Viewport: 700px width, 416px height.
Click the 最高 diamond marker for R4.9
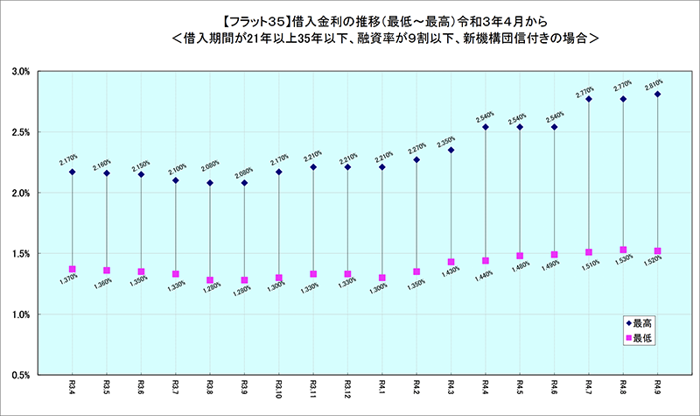click(657, 94)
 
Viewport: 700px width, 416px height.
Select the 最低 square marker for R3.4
click(73, 269)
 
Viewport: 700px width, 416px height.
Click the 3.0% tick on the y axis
click(20, 71)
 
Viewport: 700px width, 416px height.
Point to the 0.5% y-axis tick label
click(20, 375)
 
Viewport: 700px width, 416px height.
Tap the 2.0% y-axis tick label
click(20, 193)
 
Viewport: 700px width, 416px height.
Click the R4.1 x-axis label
click(381, 386)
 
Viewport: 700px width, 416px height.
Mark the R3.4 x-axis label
click(73, 386)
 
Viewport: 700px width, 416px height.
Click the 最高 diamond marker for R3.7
click(176, 180)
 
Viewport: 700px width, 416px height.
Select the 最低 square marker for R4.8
click(623, 250)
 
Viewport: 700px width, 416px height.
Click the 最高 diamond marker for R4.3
click(451, 150)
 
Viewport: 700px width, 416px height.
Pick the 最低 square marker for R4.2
click(416, 271)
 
